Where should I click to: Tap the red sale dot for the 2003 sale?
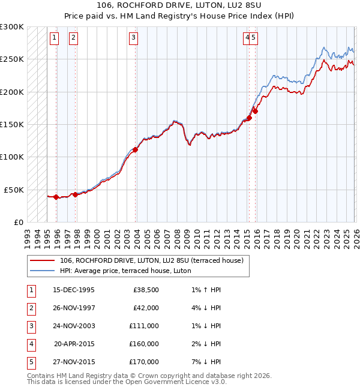136,150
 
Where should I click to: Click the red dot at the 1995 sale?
56,197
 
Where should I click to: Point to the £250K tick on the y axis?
12,59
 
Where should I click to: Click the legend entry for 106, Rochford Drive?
151,261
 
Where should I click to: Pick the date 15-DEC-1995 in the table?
74,290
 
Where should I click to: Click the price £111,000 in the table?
143,326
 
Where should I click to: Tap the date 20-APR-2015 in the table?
74,344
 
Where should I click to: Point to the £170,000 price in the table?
143,362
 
